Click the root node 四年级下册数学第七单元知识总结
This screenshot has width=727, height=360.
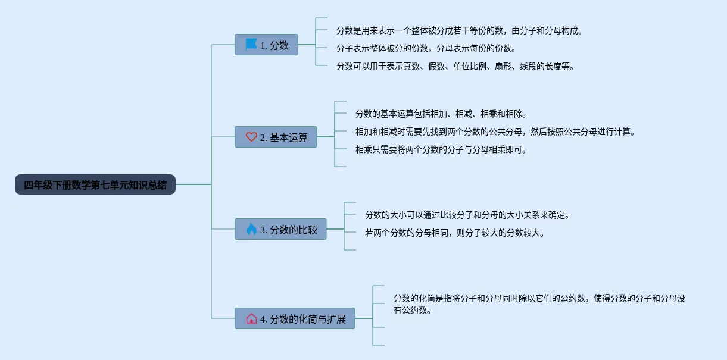point(95,184)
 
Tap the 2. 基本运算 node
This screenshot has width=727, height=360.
point(276,137)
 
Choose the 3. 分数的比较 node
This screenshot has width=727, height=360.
point(280,229)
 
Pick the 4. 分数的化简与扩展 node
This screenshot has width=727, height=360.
point(295,318)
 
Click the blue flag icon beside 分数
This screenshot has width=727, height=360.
point(251,45)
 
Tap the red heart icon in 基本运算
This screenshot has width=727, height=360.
point(251,137)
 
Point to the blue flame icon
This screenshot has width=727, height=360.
point(251,229)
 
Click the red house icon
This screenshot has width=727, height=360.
point(251,318)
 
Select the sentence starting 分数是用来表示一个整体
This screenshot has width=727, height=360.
point(459,30)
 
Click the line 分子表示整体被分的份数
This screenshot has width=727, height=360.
point(426,48)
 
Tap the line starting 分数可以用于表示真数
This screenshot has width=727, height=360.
point(455,66)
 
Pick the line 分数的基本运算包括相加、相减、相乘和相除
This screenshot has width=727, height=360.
point(441,114)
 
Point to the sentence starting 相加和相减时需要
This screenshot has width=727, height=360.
point(495,132)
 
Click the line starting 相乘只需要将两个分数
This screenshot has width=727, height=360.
point(441,149)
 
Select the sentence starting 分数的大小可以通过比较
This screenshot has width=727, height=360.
point(467,215)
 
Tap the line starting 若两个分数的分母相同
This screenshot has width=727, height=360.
point(454,233)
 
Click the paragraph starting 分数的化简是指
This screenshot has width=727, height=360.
point(539,304)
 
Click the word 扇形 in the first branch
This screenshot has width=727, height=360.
point(503,66)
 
